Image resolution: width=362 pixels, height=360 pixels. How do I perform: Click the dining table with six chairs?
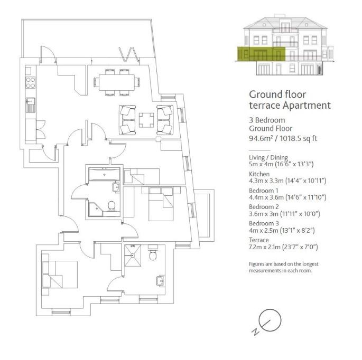(117, 82)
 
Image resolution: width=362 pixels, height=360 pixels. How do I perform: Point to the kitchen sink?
(31, 104)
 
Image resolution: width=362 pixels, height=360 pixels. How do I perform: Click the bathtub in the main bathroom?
(104, 174)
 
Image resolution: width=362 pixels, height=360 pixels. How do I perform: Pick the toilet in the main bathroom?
(112, 205)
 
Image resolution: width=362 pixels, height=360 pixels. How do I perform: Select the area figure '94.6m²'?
(261, 139)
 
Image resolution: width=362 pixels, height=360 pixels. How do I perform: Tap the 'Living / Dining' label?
(267, 157)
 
